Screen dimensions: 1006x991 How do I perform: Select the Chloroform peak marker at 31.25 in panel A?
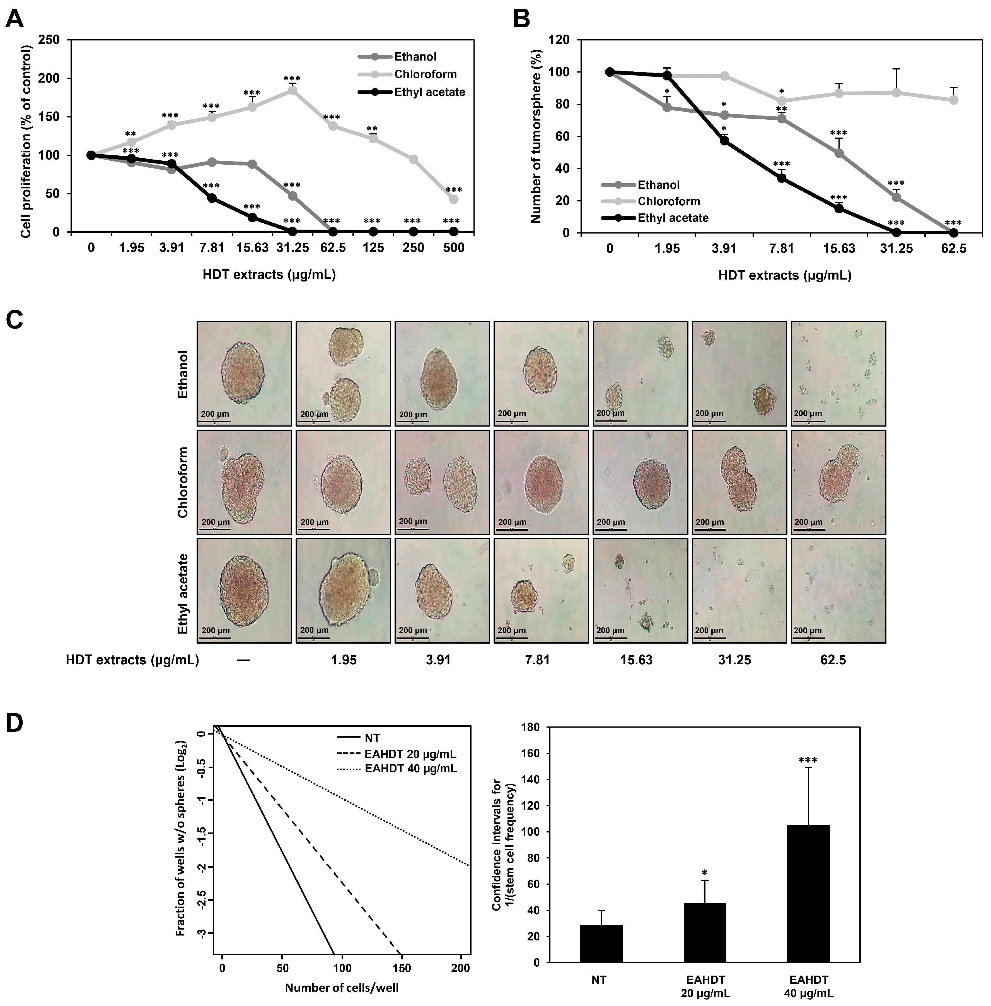293,90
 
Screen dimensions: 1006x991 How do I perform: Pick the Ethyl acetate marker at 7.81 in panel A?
212,198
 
